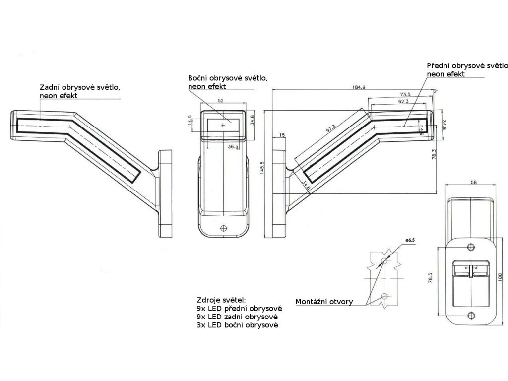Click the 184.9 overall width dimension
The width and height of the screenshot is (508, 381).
coord(358,87)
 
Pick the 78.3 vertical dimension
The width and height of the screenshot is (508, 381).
coord(433,155)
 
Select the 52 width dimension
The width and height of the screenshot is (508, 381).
coord(221,101)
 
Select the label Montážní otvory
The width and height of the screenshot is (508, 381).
coord(324,301)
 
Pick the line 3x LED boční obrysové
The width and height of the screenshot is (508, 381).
coord(237,325)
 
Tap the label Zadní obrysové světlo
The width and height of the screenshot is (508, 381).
coord(79,87)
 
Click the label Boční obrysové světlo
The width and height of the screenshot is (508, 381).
coord(228,78)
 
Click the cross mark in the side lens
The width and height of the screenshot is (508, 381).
coord(222,126)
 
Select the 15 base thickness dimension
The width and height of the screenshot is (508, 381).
coord(282,135)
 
